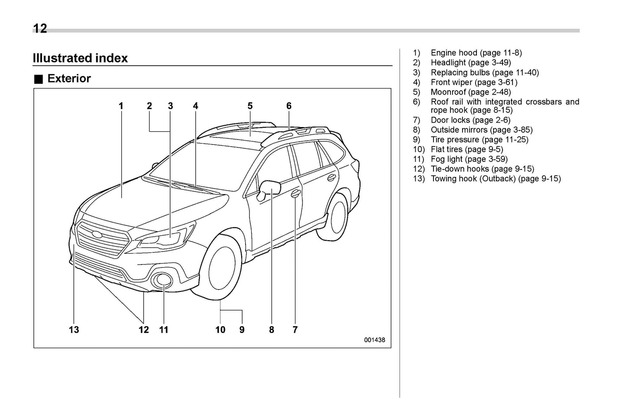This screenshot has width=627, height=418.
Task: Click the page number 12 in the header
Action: pyautogui.click(x=39, y=29)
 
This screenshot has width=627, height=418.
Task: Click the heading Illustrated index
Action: pyautogui.click(x=80, y=58)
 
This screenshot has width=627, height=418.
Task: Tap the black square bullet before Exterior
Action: pyautogui.click(x=39, y=79)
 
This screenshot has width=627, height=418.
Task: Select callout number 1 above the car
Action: pyautogui.click(x=121, y=106)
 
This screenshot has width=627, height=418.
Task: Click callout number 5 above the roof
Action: pyautogui.click(x=250, y=106)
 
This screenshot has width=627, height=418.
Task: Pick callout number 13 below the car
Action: pyautogui.click(x=74, y=330)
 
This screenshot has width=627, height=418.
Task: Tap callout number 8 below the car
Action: pyautogui.click(x=272, y=330)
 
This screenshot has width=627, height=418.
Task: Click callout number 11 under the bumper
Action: pyautogui.click(x=164, y=330)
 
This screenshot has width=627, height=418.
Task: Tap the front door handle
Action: pyautogui.click(x=295, y=194)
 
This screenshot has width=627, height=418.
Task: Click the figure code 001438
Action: pyautogui.click(x=374, y=340)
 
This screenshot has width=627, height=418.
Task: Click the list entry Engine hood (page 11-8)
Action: pyautogui.click(x=476, y=53)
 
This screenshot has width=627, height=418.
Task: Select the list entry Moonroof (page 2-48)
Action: pyautogui.click(x=470, y=92)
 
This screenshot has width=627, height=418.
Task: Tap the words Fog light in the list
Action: pyautogui.click(x=447, y=159)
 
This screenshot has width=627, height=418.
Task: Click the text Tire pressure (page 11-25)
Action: pyautogui.click(x=479, y=140)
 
